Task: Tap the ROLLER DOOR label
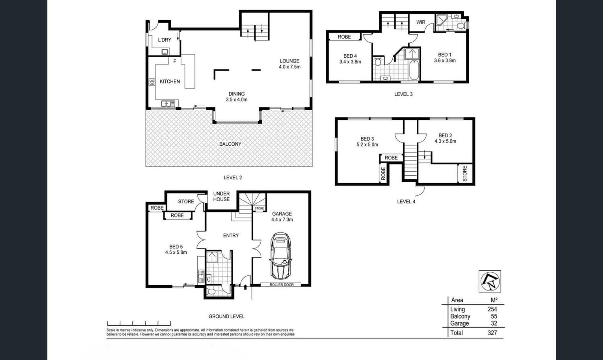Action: coord(281,285)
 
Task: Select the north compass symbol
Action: coord(490,281)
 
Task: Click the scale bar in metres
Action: coord(139,323)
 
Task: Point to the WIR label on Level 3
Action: coord(421,22)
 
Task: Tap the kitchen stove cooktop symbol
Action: coord(152,82)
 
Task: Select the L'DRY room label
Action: coord(164,40)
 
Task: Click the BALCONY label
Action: coord(230,144)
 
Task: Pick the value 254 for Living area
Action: coord(492,309)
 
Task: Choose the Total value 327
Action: coord(492,333)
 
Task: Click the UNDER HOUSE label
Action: coord(221,196)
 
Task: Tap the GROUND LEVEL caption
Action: coord(227,316)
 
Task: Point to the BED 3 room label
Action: coord(367,139)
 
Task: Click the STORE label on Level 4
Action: coord(465,173)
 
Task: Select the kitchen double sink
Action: coord(168,104)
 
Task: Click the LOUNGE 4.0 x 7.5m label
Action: coord(289,64)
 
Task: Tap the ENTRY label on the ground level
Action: coord(231,236)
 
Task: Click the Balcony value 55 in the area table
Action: coord(494,316)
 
